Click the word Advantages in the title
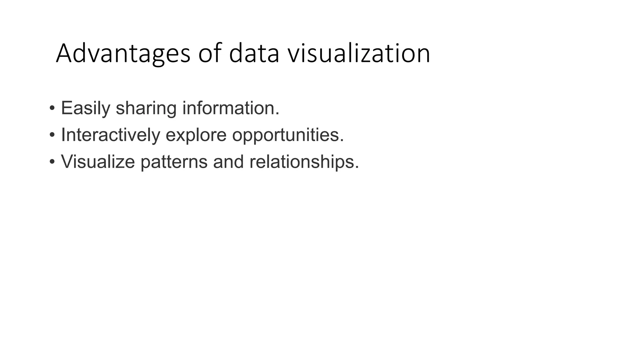(x=123, y=54)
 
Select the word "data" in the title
(x=254, y=54)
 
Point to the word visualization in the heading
(x=358, y=54)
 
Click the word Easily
(x=85, y=108)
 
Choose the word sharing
(x=146, y=108)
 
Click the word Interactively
(x=110, y=135)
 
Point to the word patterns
(x=174, y=162)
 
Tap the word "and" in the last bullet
(x=228, y=162)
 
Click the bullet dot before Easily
(x=52, y=109)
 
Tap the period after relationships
(x=357, y=167)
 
